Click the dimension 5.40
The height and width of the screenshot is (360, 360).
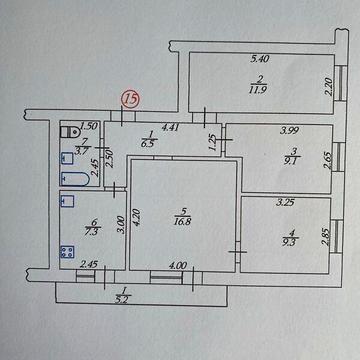[261, 63]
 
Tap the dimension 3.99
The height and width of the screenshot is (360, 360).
[290, 130]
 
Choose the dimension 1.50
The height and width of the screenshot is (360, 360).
[87, 126]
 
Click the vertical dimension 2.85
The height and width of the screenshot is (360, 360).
[326, 236]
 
